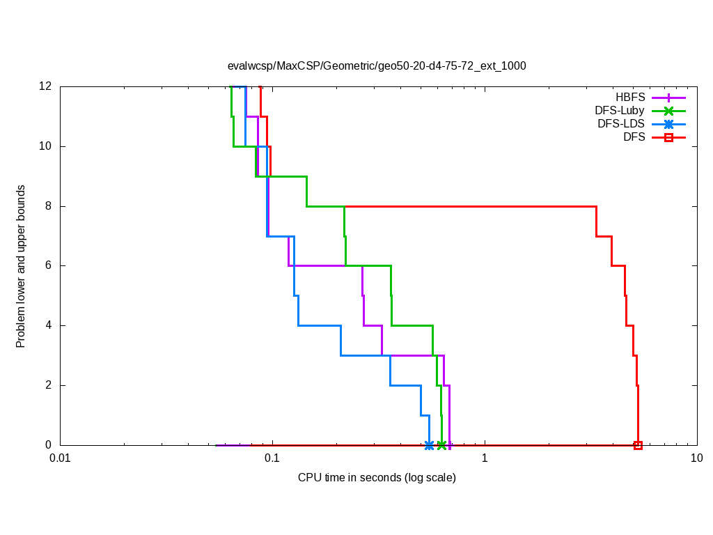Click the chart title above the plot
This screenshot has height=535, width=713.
pos(377,66)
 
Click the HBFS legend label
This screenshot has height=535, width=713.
pos(630,98)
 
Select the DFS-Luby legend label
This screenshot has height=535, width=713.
pos(620,111)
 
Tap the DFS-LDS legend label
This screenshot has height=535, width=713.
pos(621,124)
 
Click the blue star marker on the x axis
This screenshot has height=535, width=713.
pos(429,445)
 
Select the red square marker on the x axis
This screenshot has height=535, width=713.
pos(638,445)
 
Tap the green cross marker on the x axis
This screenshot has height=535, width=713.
pos(441,445)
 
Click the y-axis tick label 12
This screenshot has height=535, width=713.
pos(46,86)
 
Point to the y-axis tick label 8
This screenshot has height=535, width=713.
pos(49,206)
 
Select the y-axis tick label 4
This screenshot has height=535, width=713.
pos(49,325)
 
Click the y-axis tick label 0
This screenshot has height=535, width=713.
pos(49,445)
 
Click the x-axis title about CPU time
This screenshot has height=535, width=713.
pos(377,477)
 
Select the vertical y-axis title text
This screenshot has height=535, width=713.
pos(21,266)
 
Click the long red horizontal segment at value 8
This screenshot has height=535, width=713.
pos(473,206)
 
